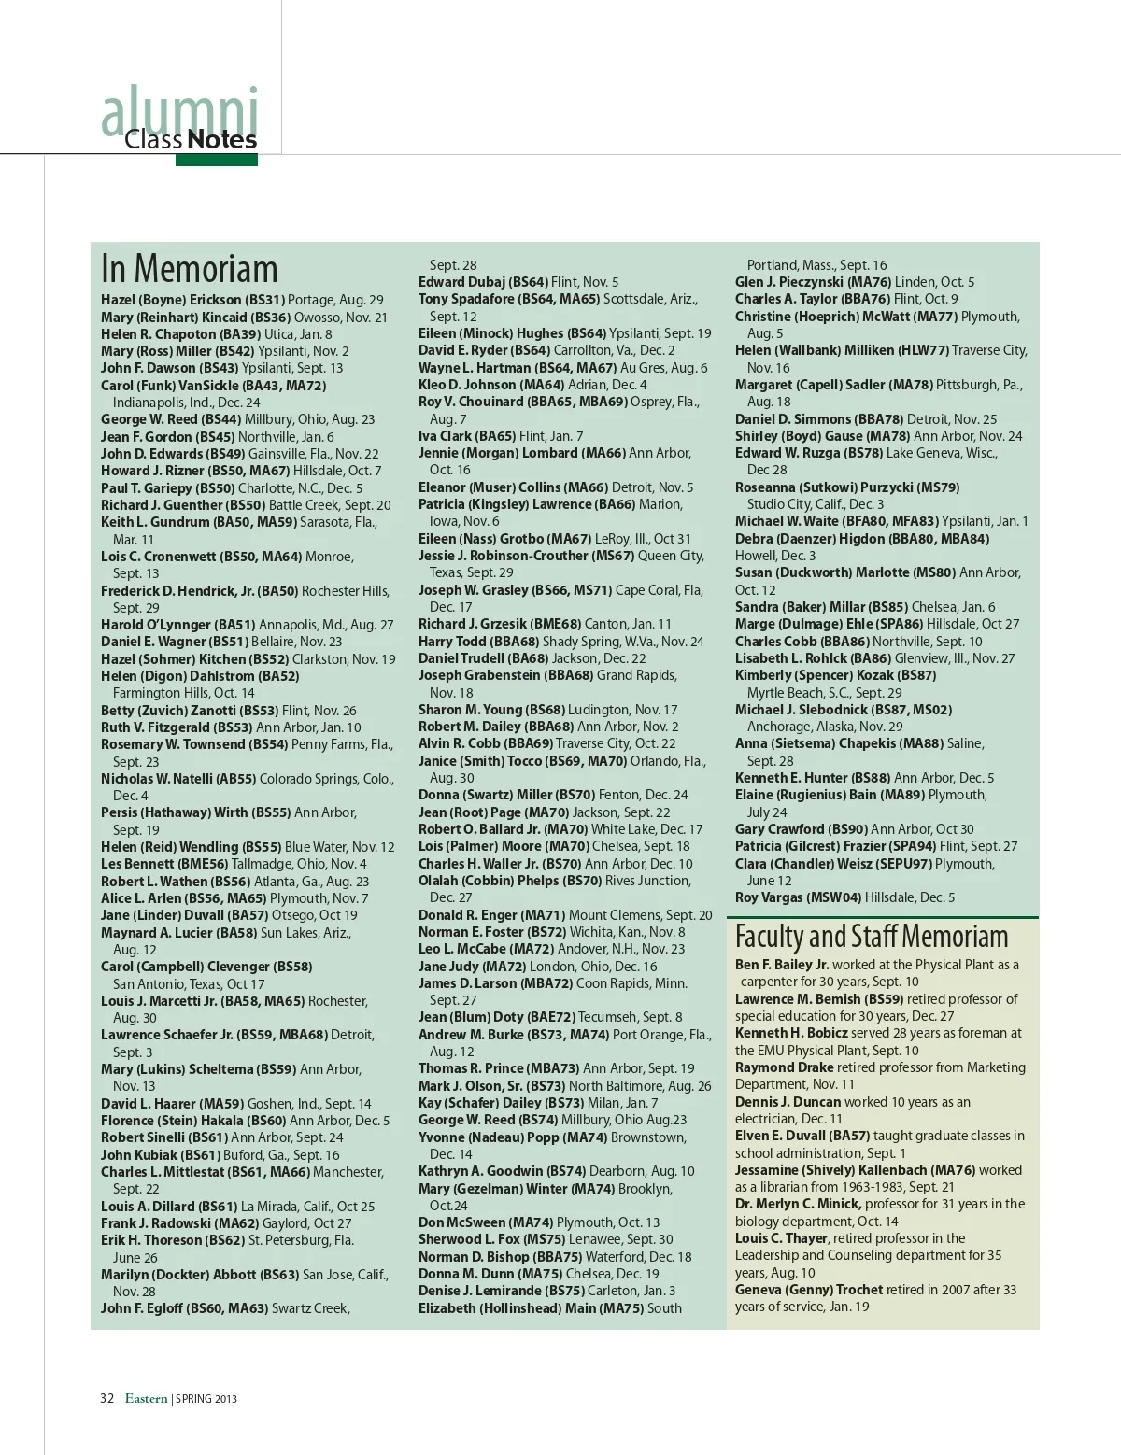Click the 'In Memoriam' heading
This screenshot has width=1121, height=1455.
[x=190, y=269]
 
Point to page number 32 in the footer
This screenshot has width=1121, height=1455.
[x=106, y=1398]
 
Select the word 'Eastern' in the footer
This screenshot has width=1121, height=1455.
[x=146, y=1398]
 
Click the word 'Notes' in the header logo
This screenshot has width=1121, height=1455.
[x=221, y=140]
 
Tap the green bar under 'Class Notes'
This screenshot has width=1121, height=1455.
[x=216, y=161]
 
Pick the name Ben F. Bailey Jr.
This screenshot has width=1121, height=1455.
[x=782, y=965]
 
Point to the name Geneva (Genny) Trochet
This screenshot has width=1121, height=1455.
[x=808, y=1290]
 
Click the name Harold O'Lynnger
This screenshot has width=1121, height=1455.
[x=156, y=625]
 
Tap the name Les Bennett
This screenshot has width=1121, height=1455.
[x=137, y=864]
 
